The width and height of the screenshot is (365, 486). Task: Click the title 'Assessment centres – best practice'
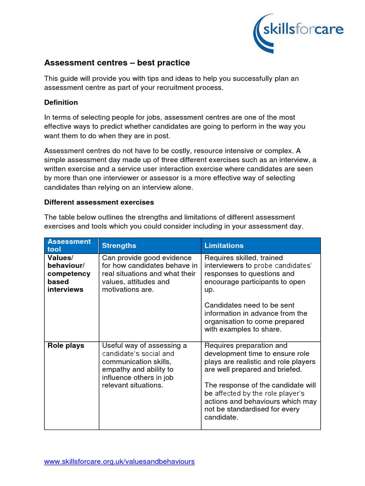(x=117, y=63)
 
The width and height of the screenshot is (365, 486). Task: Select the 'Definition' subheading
(x=61, y=103)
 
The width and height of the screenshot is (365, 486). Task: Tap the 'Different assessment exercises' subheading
(x=99, y=202)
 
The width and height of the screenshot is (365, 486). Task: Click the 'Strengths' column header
(x=119, y=245)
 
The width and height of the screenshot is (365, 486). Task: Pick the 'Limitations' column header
(x=224, y=245)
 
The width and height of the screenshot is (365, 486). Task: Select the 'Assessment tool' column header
(x=69, y=245)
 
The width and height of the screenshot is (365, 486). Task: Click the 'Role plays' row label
(x=66, y=346)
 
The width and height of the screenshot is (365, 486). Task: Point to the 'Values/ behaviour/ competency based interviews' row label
(x=69, y=273)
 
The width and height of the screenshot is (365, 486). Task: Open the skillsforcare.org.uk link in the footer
(x=119, y=461)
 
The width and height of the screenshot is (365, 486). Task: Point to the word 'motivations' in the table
(x=121, y=290)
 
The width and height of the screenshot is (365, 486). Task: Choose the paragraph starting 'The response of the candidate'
(x=260, y=402)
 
